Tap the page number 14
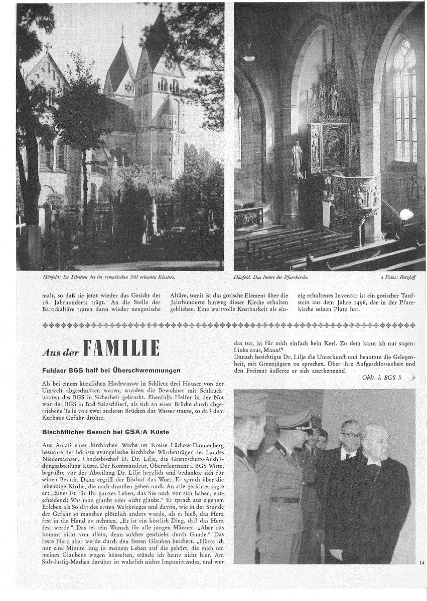pyautogui.click(x=421, y=563)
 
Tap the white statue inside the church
pyautogui.click(x=297, y=158)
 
